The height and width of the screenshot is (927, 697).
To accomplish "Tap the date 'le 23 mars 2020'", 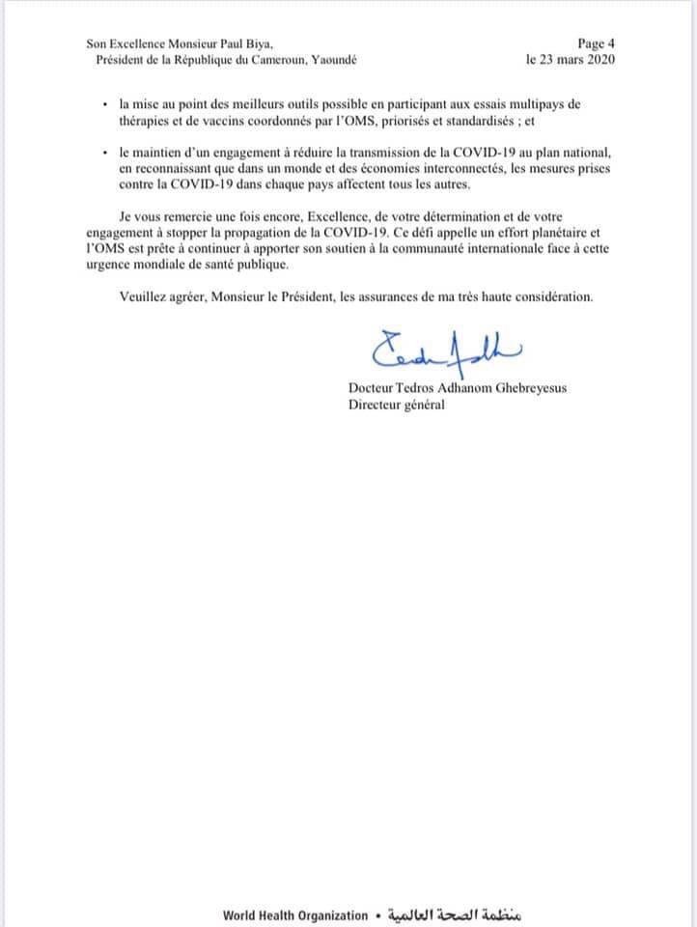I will pos(571,59).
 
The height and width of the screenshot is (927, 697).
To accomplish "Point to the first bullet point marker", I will pos(104,103).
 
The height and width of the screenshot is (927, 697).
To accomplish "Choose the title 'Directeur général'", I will pos(397,405).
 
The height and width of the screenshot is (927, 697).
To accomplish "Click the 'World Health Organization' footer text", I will pos(295,915).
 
